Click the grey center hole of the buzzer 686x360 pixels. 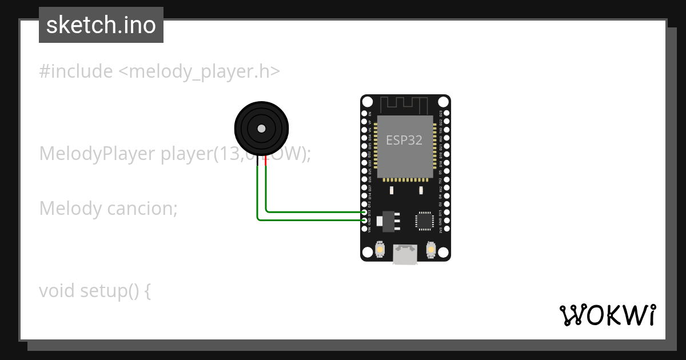point(261,129)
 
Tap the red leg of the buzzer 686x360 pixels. point(266,161)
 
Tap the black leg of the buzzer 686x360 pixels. point(258,161)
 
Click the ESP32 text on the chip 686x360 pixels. point(404,140)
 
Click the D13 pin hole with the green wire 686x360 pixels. point(365,212)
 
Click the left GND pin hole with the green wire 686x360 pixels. point(365,220)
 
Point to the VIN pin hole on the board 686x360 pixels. point(365,229)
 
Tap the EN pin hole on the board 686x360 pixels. point(365,114)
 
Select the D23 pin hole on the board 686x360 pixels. point(446,114)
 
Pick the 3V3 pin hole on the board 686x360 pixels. point(446,229)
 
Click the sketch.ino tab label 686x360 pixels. point(101,25)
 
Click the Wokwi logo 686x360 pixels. point(607,315)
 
